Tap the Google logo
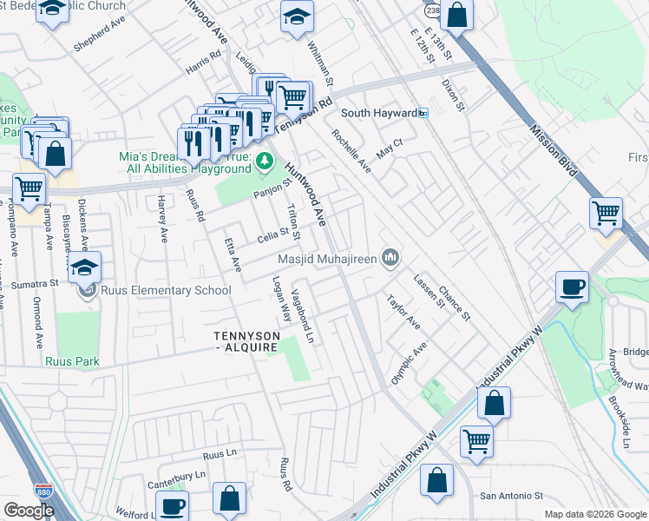(x=29, y=511)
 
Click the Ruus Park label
(x=73, y=361)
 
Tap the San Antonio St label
(x=511, y=496)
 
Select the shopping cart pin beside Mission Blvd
(x=606, y=212)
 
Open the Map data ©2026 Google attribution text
(x=594, y=514)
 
